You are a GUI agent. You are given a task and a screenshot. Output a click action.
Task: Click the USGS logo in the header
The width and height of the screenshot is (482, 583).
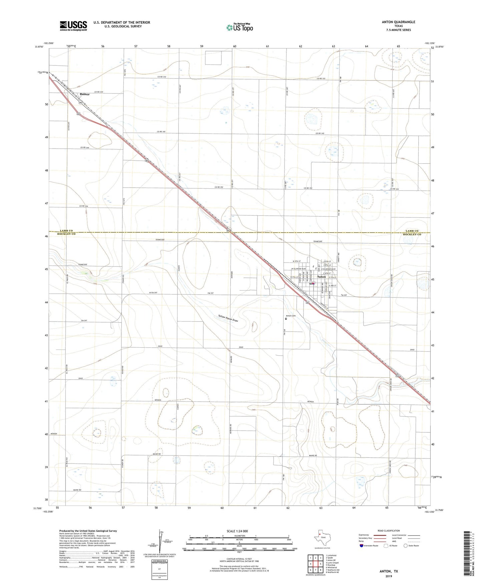click(73, 25)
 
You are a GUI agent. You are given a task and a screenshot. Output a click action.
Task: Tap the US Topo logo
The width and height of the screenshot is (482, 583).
click(239, 27)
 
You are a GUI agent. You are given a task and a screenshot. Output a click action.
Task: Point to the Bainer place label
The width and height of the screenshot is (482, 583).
click(85, 94)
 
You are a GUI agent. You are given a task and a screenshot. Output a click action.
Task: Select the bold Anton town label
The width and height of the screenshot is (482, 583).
click(322, 277)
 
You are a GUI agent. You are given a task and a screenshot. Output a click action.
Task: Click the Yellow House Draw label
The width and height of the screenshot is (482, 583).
click(228, 318)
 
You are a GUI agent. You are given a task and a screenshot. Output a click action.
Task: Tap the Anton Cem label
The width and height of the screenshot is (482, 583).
click(290, 316)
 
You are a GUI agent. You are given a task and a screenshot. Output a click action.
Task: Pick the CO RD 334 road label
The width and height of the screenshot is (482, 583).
click(100, 92)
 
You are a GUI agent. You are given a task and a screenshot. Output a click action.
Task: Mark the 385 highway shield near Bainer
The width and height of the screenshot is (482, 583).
click(81, 103)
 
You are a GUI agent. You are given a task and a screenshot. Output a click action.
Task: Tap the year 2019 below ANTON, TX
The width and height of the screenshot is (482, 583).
click(389, 576)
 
